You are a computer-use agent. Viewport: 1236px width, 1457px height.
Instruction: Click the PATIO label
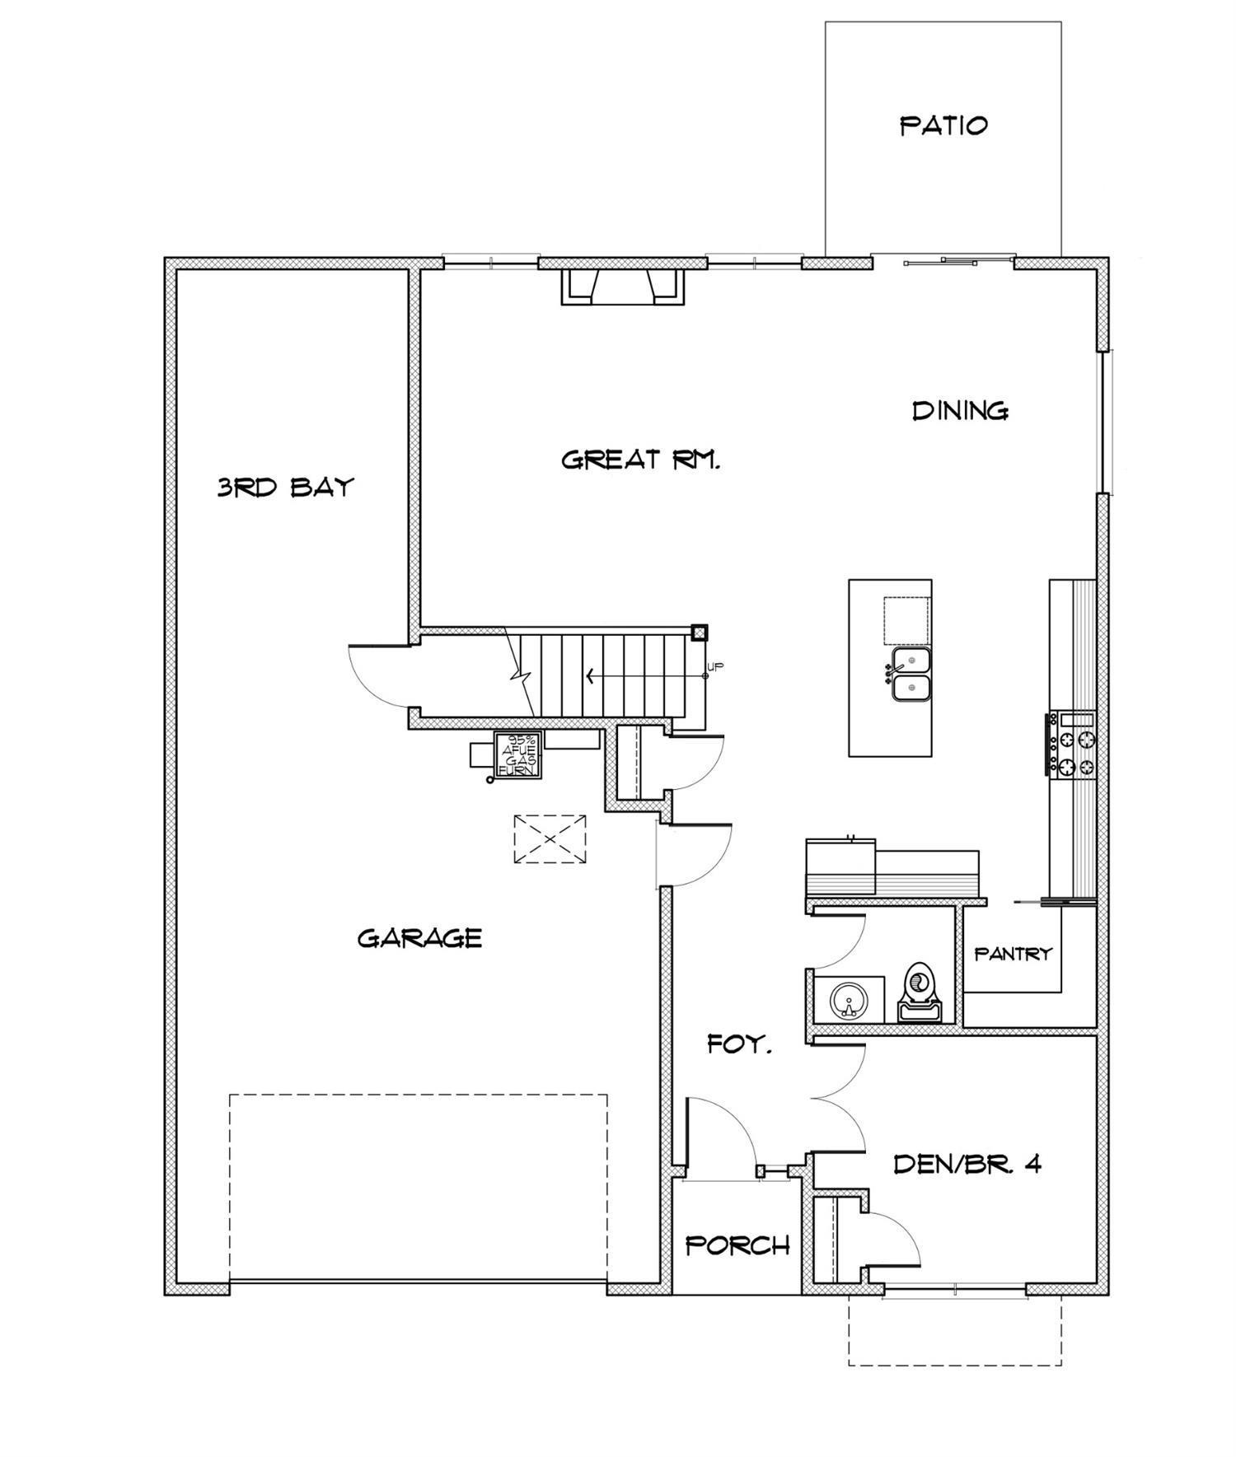pyautogui.click(x=943, y=126)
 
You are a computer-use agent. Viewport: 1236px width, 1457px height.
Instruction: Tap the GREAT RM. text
pyautogui.click(x=640, y=459)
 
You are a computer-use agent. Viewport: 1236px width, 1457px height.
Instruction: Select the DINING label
pyautogui.click(x=960, y=410)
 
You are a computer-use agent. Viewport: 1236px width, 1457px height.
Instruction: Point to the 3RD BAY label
pyautogui.click(x=285, y=487)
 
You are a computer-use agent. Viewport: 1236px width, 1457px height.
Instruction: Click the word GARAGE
pyautogui.click(x=419, y=938)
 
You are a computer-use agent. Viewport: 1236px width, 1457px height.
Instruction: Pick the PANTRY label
pyautogui.click(x=1013, y=954)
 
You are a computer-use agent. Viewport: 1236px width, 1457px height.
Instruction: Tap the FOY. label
pyautogui.click(x=739, y=1045)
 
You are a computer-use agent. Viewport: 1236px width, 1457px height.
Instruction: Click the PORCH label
pyautogui.click(x=737, y=1245)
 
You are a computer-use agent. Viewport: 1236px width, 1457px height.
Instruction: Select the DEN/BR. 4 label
pyautogui.click(x=967, y=1164)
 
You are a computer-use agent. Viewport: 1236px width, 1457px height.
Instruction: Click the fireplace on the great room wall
pyautogui.click(x=623, y=286)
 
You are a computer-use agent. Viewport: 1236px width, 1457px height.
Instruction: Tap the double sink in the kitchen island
pyautogui.click(x=911, y=675)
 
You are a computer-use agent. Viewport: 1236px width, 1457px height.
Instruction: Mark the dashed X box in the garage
pyautogui.click(x=550, y=839)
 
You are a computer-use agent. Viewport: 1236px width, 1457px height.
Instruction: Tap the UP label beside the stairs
pyautogui.click(x=716, y=667)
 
